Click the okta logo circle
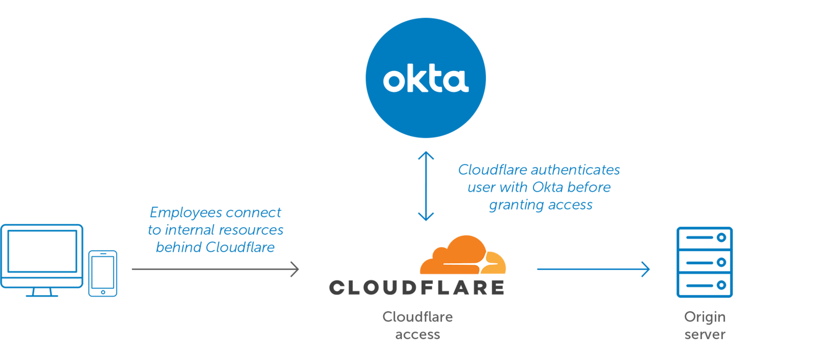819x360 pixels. (425, 77)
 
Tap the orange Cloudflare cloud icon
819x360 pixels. (462, 256)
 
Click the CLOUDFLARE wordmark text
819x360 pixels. (416, 288)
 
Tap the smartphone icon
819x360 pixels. (103, 273)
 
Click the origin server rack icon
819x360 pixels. (704, 262)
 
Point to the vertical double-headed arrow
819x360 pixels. (425, 186)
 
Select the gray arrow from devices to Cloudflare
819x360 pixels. (215, 269)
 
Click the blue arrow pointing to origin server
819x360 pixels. (593, 269)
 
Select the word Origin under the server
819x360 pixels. (704, 317)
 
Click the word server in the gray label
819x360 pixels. (704, 335)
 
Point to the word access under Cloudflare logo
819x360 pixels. (417, 335)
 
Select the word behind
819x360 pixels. (178, 247)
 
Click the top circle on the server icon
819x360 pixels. (721, 238)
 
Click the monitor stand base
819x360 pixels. (42, 295)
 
